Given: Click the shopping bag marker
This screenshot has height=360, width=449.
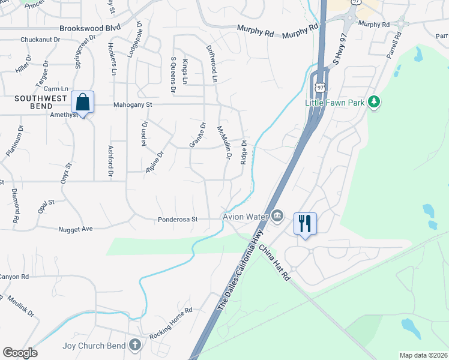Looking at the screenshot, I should click(x=83, y=103).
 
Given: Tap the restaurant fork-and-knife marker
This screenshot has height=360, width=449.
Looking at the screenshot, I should click(x=305, y=224).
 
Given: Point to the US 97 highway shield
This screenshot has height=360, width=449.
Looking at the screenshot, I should click(x=321, y=88).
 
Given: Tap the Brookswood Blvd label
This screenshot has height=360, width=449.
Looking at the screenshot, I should click(x=89, y=28).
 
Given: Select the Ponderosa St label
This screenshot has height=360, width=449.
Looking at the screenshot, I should click(x=178, y=220).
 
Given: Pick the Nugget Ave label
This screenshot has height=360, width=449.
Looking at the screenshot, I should click(x=76, y=229).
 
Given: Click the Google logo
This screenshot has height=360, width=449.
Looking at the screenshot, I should click(x=20, y=353).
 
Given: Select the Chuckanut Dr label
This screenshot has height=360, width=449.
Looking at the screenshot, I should click(x=40, y=40).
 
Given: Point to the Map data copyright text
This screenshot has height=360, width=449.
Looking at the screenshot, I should click(x=423, y=355).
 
